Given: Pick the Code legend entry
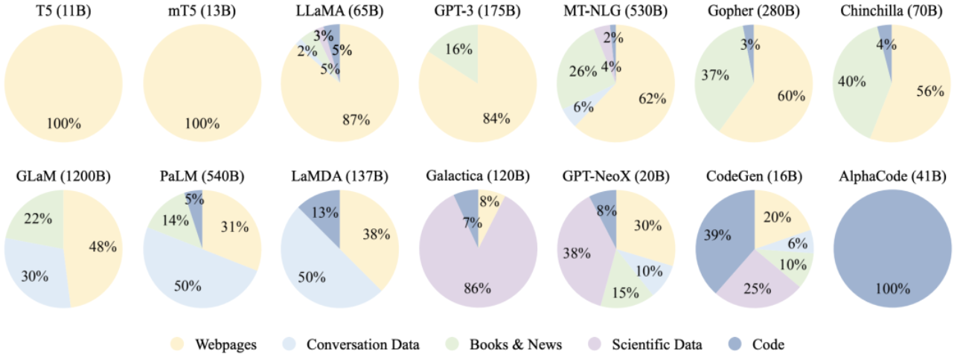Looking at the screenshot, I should [756, 344].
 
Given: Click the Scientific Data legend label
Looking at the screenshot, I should [656, 344].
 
